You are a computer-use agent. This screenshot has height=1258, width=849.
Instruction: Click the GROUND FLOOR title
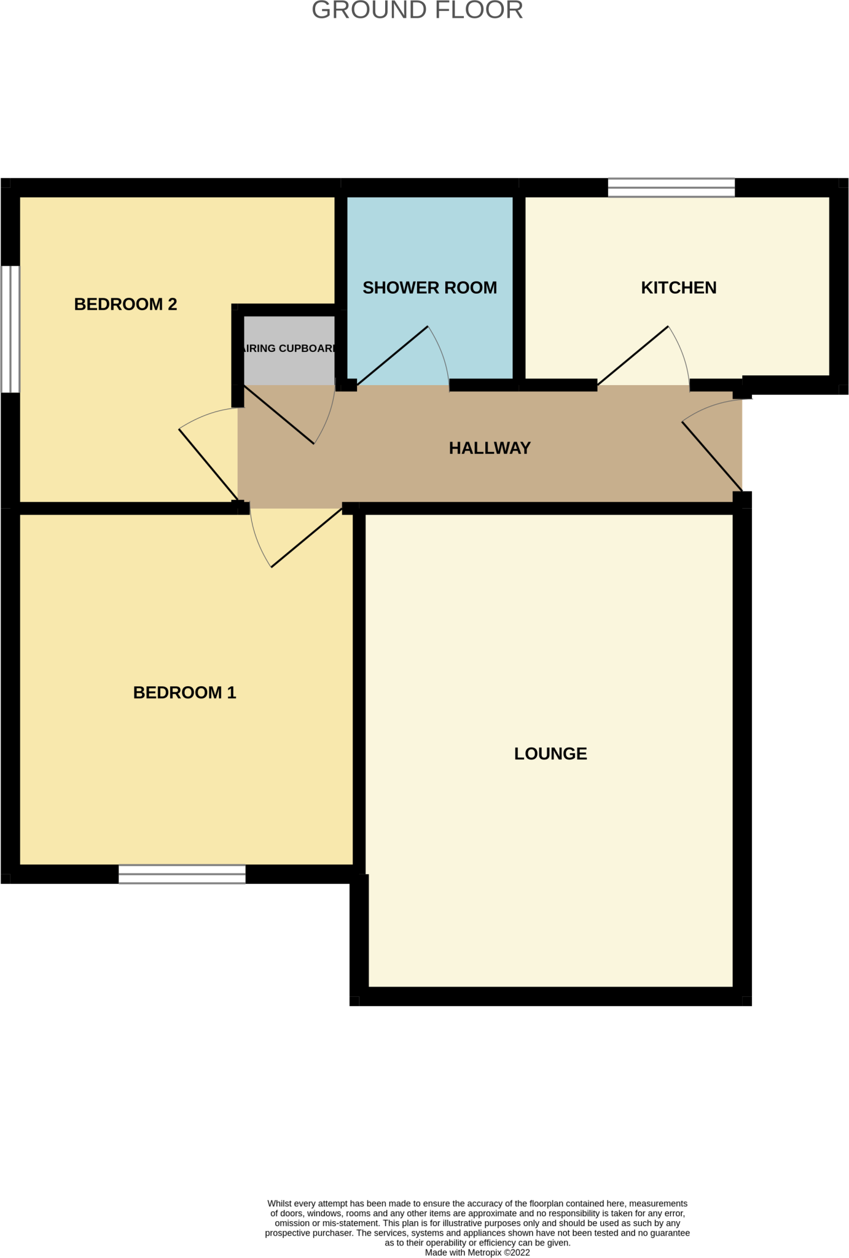click(x=417, y=10)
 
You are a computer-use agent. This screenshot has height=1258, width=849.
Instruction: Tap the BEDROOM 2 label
click(x=125, y=304)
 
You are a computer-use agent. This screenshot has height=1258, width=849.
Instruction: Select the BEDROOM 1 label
click(x=184, y=692)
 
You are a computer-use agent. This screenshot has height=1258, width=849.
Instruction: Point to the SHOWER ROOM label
click(x=429, y=287)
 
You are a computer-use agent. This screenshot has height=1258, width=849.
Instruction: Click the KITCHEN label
click(x=678, y=287)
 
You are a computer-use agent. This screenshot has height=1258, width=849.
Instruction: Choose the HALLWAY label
click(x=490, y=448)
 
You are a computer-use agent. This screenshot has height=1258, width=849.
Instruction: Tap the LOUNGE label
click(x=550, y=753)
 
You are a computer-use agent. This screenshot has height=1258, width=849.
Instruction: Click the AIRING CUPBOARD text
click(x=289, y=348)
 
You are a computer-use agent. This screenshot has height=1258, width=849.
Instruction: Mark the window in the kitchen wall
click(x=671, y=187)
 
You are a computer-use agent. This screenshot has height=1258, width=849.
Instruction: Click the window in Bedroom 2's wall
click(x=10, y=329)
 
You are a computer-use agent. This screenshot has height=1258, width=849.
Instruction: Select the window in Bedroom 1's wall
click(x=182, y=873)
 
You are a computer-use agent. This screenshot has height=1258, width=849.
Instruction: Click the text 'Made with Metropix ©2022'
click(x=477, y=1252)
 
